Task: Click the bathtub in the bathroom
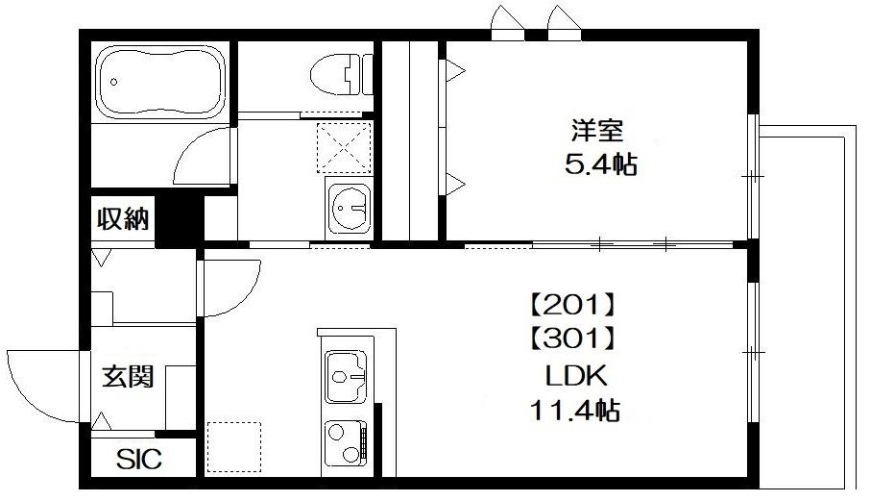(x=159, y=81)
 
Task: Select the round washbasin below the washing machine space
(x=347, y=204)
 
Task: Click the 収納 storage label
(x=123, y=220)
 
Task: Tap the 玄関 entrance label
(x=128, y=376)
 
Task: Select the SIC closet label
(x=139, y=460)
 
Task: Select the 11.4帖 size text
(x=574, y=412)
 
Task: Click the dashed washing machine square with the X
(x=346, y=148)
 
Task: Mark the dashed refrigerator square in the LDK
(x=234, y=447)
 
